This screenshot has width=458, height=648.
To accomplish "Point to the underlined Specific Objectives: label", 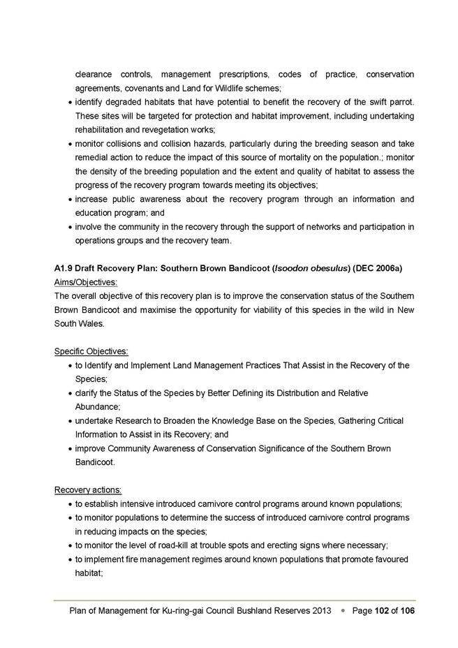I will (x=91, y=351).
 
